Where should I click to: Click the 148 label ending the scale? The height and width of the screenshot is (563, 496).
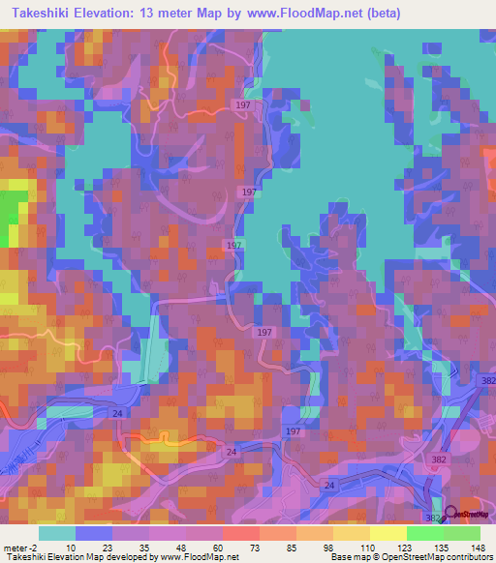(479, 547)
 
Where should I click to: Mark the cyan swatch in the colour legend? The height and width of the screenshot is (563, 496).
(57, 533)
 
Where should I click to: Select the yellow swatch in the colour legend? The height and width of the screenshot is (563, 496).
(388, 533)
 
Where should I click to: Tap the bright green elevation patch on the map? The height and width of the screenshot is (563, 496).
(13, 214)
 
